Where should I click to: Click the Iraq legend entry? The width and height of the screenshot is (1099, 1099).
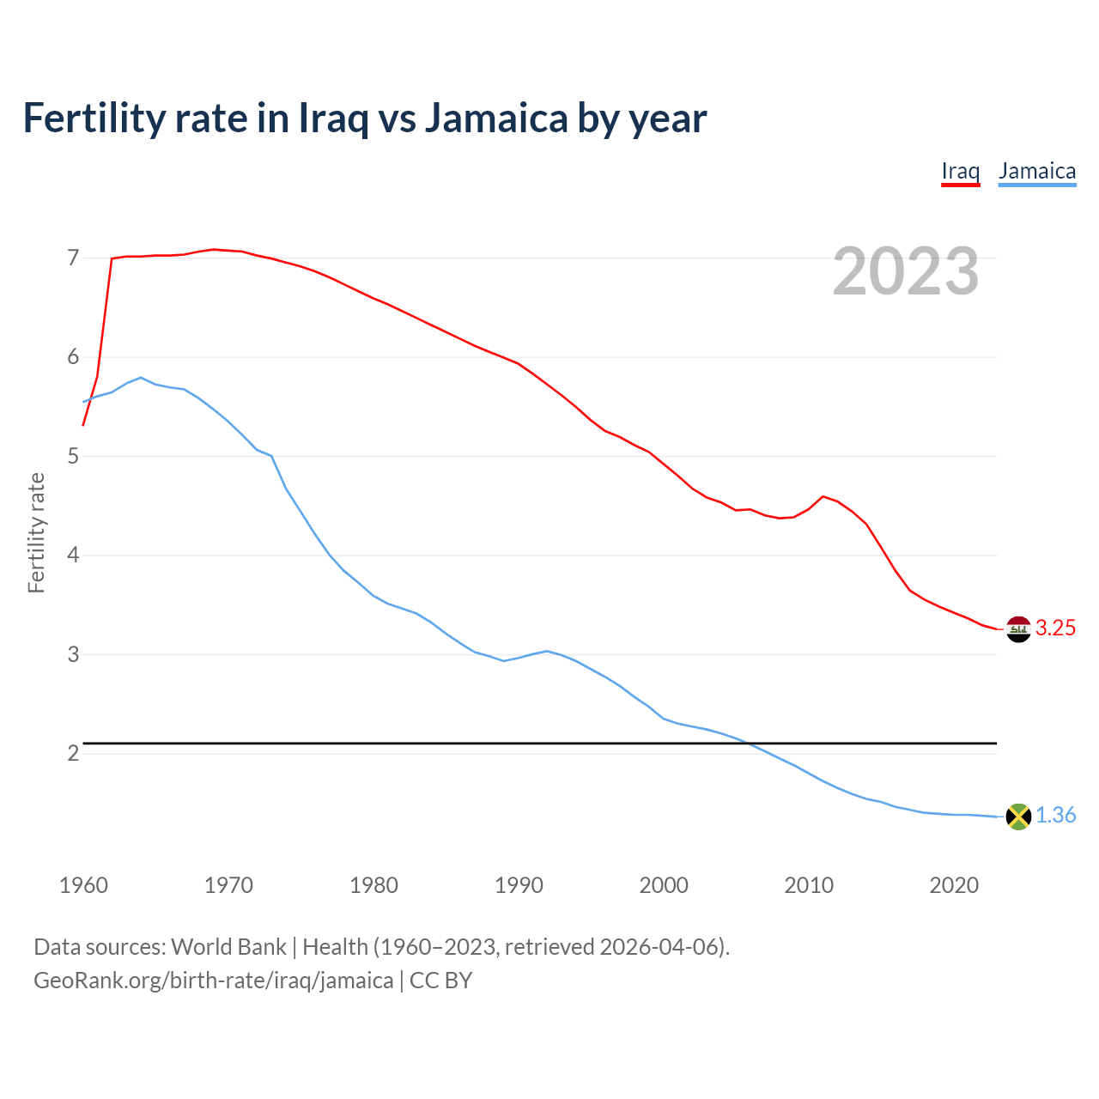coord(960,171)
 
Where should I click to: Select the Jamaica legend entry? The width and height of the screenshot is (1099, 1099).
coord(1036,171)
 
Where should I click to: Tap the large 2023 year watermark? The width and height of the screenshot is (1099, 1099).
coord(905,271)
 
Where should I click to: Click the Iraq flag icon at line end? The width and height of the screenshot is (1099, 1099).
coord(1018,629)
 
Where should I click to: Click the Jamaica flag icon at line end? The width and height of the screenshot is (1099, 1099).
coord(1018,817)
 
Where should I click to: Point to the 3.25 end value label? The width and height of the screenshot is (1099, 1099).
coord(1055,628)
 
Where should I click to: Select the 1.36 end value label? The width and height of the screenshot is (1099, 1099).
coord(1055,816)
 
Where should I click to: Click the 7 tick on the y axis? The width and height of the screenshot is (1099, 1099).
coord(73,258)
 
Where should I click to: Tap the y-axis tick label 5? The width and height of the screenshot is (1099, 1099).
coord(73,456)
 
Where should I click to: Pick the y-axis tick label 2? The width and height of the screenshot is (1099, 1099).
coord(73,754)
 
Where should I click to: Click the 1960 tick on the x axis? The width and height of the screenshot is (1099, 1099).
coord(83,885)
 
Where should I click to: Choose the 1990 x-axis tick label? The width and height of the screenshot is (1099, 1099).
coord(519,885)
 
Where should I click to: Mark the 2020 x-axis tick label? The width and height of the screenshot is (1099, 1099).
coord(954,885)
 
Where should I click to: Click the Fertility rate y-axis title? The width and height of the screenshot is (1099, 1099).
coord(36,532)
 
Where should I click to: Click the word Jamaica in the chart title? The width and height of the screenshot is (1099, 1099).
coord(496,118)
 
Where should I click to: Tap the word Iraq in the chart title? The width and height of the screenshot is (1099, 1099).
coord(333,118)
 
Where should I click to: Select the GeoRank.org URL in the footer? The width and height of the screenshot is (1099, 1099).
coord(213,981)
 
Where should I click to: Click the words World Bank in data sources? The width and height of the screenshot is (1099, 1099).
coord(228,947)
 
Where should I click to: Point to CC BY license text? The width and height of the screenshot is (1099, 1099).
coord(440,981)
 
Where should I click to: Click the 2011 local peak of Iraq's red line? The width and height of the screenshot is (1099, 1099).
coord(823,496)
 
